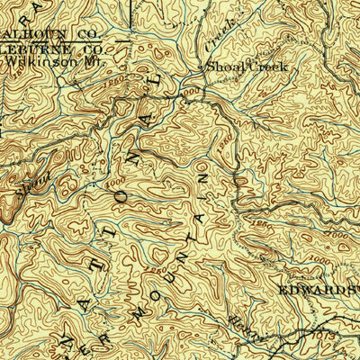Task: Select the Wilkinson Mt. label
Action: (x=36, y=63)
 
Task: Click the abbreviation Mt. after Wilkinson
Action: (x=65, y=63)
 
